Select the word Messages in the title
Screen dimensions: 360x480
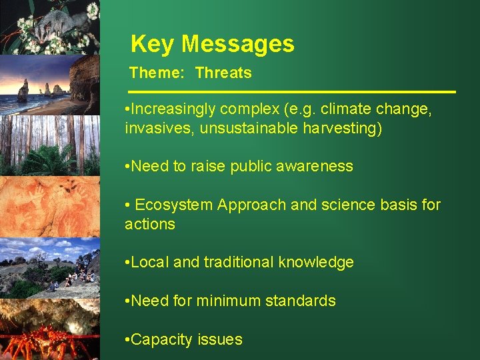(238, 44)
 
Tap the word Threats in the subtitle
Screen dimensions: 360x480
(223, 73)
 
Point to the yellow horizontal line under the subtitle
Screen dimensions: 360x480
(292, 91)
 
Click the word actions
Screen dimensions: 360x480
(149, 224)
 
